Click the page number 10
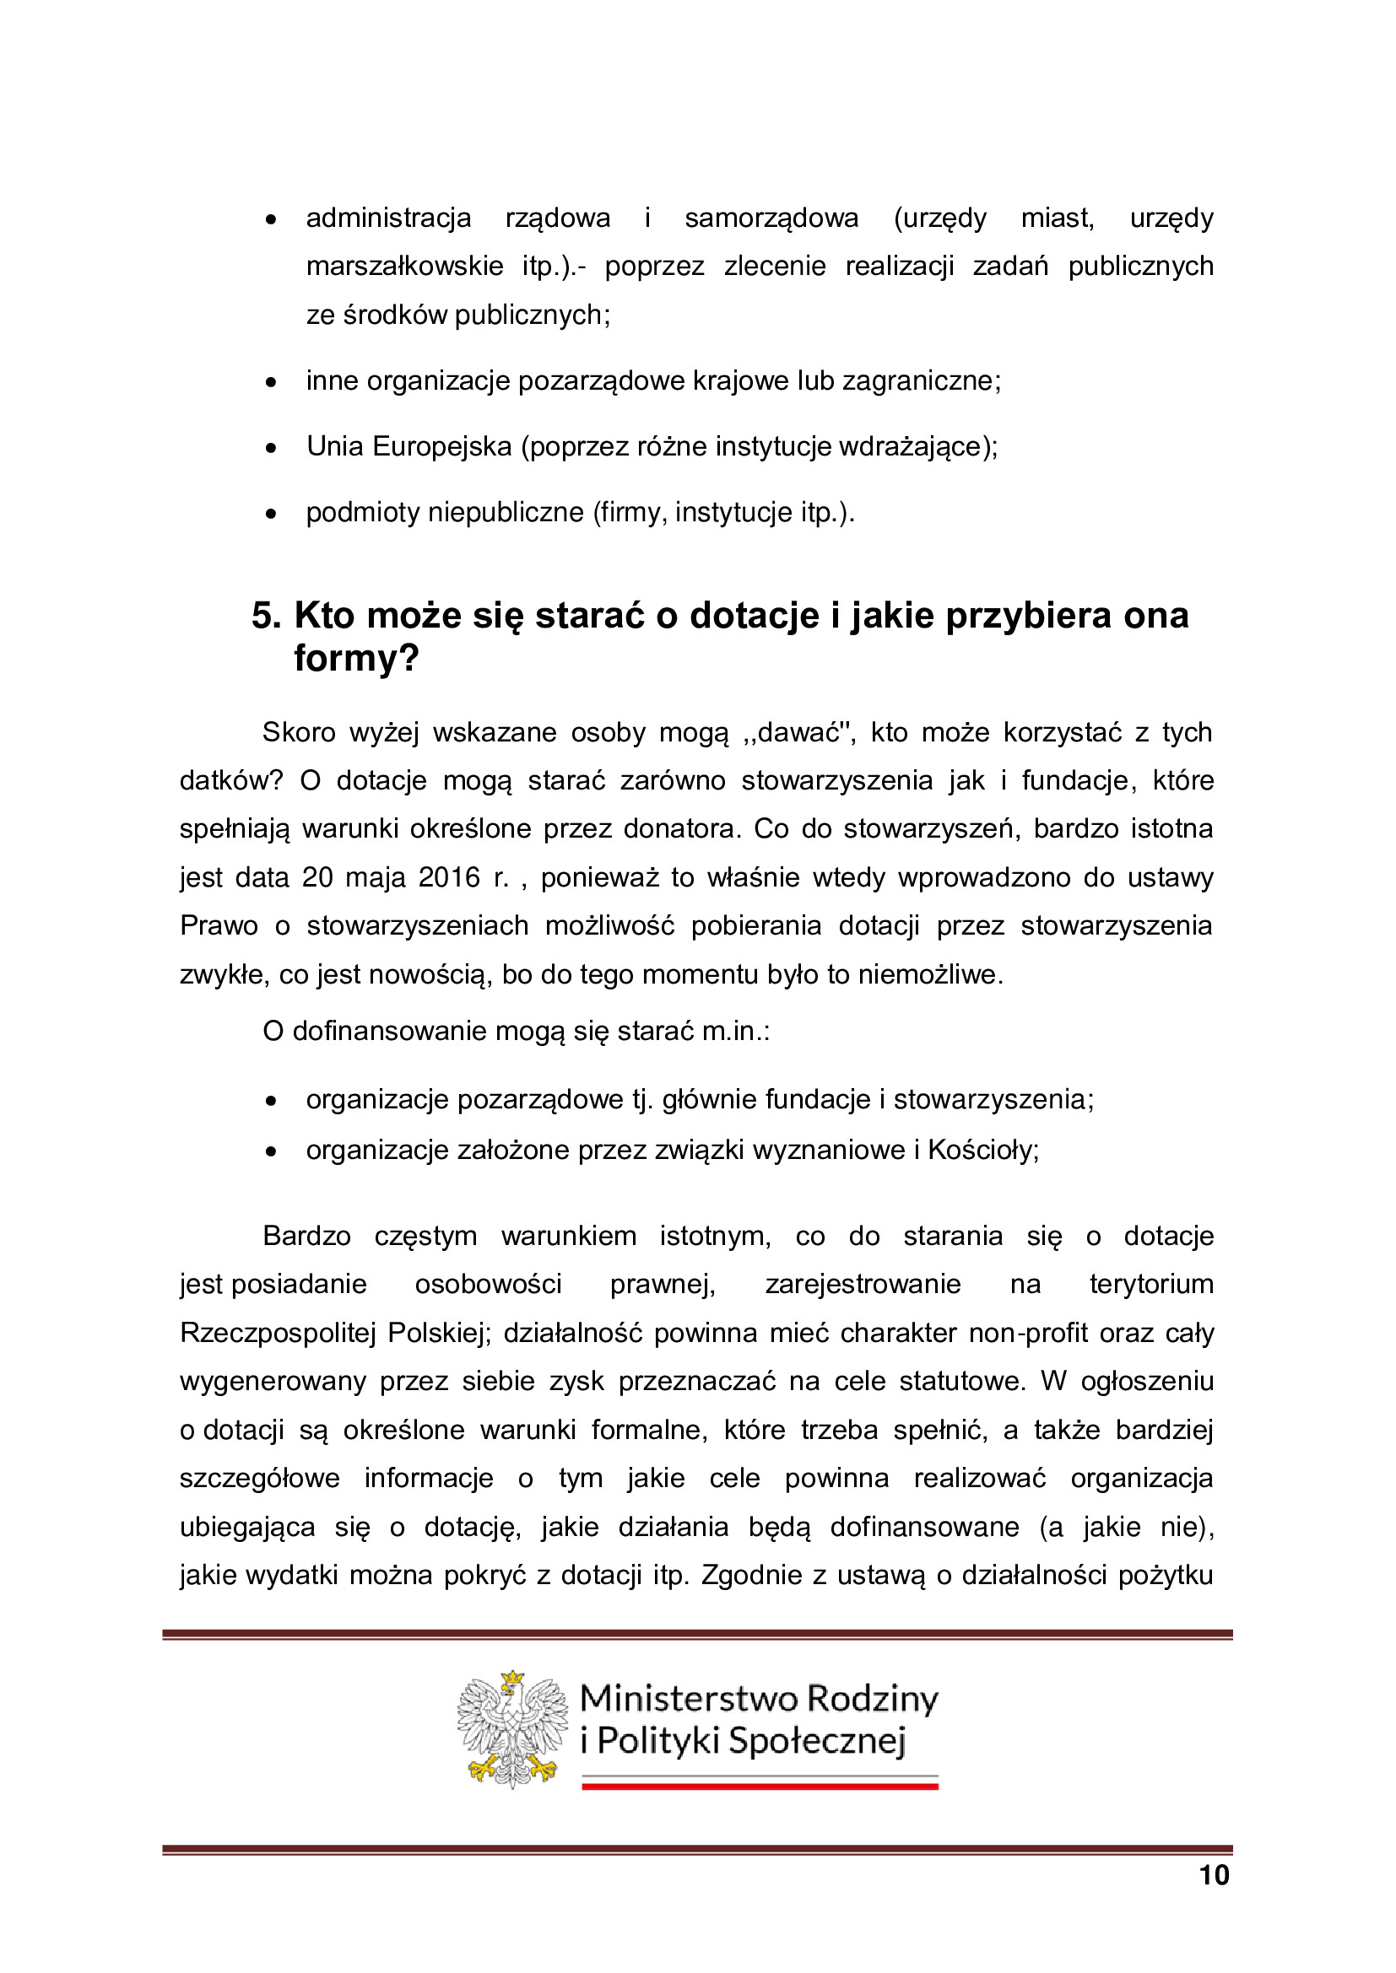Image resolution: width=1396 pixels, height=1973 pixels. (x=1214, y=1874)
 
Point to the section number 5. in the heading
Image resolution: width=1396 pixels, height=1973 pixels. (x=267, y=615)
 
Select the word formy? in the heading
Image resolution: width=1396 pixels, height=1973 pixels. (x=356, y=658)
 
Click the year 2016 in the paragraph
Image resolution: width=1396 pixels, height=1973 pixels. (x=449, y=877)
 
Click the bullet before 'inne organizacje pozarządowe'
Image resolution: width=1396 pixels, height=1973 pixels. (x=271, y=381)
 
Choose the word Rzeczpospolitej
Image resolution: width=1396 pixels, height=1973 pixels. (x=278, y=1333)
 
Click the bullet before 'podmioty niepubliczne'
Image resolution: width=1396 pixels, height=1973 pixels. (x=271, y=514)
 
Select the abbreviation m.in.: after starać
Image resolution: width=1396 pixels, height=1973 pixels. (x=736, y=1031)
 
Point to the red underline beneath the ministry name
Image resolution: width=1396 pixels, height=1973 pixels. (x=760, y=1787)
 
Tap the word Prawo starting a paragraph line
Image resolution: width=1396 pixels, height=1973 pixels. (x=219, y=925)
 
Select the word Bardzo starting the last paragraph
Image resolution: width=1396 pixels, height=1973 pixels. (x=307, y=1236)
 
